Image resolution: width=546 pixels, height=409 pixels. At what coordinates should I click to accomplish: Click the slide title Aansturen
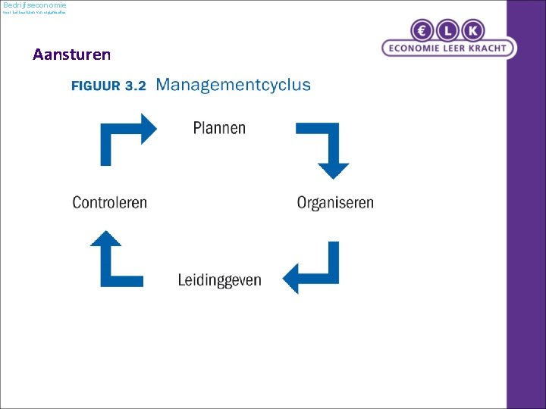coord(71,55)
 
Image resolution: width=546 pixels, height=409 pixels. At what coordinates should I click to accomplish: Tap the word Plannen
coord(219,128)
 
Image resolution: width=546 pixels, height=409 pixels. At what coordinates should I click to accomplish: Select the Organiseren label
coord(335,203)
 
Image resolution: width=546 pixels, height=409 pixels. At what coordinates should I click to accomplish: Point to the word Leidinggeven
coord(219,280)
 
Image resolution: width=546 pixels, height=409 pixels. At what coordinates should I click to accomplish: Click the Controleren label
coord(110,203)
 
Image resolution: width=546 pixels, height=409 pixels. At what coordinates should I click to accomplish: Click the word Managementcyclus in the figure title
coord(233,84)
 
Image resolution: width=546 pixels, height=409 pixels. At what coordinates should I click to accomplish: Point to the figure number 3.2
coord(136,86)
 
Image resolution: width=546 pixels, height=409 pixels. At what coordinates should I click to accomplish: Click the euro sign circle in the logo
coord(422,31)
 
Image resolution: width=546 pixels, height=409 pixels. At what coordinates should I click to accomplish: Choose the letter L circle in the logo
coord(448,31)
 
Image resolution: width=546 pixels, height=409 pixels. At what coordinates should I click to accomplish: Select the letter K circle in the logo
coord(473,31)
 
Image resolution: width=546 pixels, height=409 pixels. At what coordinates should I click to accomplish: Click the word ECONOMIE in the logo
coord(419,48)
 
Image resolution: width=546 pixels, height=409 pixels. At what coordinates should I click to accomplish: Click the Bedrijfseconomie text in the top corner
coord(35,5)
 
